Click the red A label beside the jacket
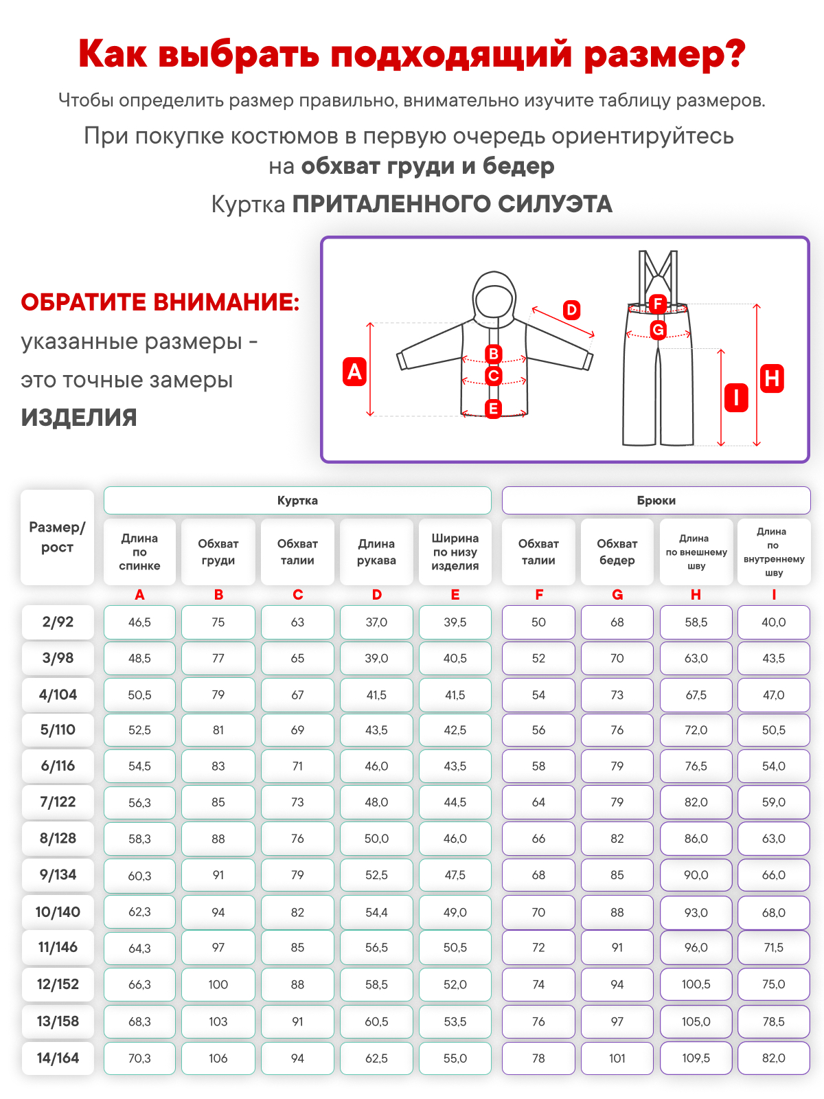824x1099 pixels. click(x=354, y=371)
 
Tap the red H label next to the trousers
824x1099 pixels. click(x=772, y=378)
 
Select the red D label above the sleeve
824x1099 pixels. click(x=571, y=310)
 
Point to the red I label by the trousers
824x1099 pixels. click(x=736, y=397)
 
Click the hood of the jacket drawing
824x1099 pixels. click(x=494, y=295)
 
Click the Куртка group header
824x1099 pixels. click(x=297, y=500)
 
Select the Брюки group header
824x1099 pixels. click(x=656, y=500)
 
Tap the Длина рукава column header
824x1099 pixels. click(x=376, y=552)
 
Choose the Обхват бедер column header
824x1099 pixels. click(x=617, y=552)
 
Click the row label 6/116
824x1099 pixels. click(x=58, y=766)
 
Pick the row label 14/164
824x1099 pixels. click(x=58, y=1058)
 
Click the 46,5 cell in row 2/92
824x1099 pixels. click(x=139, y=622)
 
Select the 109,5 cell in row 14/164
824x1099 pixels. click(x=696, y=1058)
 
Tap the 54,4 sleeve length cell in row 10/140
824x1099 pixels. click(x=376, y=912)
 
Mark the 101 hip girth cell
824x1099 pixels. click(x=617, y=1058)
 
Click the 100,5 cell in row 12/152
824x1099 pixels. click(x=696, y=984)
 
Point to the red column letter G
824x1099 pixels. click(x=617, y=595)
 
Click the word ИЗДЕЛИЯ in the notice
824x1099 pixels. click(x=79, y=418)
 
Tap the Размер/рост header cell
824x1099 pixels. click(x=57, y=537)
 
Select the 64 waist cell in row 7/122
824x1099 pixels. click(x=538, y=802)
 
